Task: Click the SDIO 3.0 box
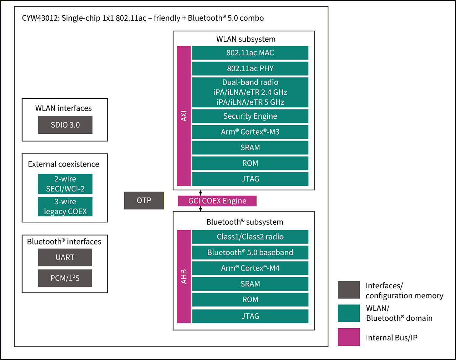65,125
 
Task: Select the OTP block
144,200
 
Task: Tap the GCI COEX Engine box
217,201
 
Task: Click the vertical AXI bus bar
184,116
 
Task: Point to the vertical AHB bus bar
184,277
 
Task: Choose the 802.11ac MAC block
250,53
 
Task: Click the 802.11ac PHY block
250,68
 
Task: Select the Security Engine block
250,116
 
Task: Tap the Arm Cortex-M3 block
250,132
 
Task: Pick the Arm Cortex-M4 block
250,268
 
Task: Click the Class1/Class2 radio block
250,237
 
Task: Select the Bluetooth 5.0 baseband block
250,252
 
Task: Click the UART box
65,257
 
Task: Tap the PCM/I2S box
65,278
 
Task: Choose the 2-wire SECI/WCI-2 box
65,184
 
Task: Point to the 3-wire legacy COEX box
65,207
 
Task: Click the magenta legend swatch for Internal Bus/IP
349,337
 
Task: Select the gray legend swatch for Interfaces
349,290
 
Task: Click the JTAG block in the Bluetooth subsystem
250,316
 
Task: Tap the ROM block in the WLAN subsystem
250,163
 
